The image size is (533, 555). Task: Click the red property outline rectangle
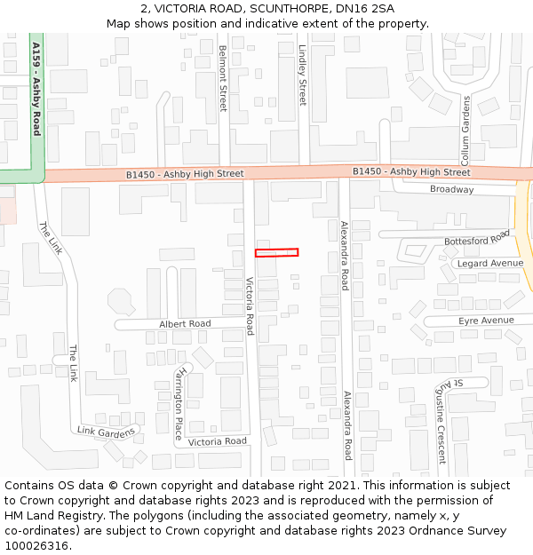coord(276,252)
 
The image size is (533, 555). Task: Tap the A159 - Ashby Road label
coord(36,88)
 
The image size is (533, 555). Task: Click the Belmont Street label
coord(222,78)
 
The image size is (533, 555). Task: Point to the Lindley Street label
coord(302,75)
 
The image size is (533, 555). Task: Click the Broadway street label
coord(451,189)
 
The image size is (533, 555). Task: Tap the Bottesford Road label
coord(477,238)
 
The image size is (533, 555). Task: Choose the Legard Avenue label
coord(489,264)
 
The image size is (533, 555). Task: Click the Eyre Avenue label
coord(486,320)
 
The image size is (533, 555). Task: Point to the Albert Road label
coord(185,323)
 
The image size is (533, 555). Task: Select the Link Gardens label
coord(107,432)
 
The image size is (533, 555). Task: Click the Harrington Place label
coord(181,402)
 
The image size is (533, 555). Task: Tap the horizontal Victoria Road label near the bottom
coord(218,441)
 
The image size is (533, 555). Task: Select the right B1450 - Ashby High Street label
coord(411,171)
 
